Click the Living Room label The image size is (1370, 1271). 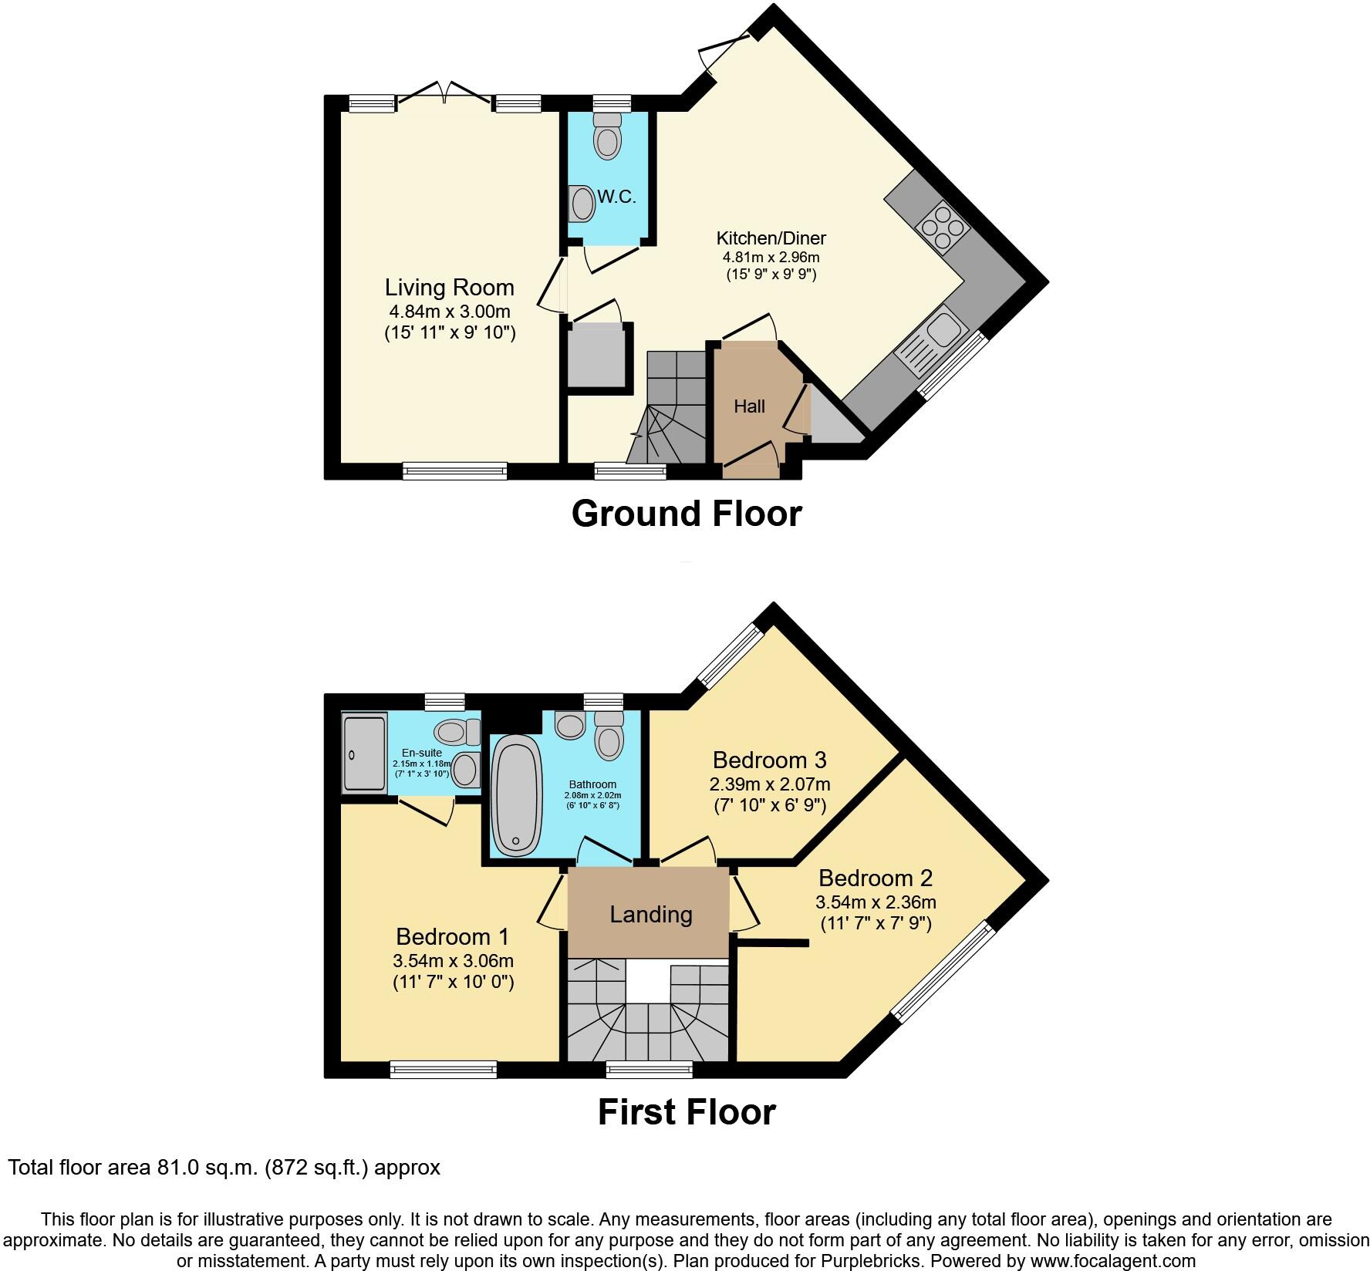(x=449, y=288)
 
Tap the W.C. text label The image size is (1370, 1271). (x=617, y=197)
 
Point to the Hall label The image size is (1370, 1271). (x=749, y=406)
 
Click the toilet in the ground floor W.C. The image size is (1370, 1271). (x=608, y=138)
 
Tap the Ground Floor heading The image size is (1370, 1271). (x=686, y=514)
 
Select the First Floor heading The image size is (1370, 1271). (x=686, y=1112)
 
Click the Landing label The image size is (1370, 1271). (x=650, y=915)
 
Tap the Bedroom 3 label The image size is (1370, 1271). (x=769, y=760)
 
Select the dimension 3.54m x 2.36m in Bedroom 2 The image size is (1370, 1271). (x=876, y=902)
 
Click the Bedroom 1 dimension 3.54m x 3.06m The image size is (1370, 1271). (x=453, y=961)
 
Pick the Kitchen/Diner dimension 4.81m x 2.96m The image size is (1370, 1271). (x=771, y=257)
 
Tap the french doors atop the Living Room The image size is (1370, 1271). (x=444, y=97)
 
